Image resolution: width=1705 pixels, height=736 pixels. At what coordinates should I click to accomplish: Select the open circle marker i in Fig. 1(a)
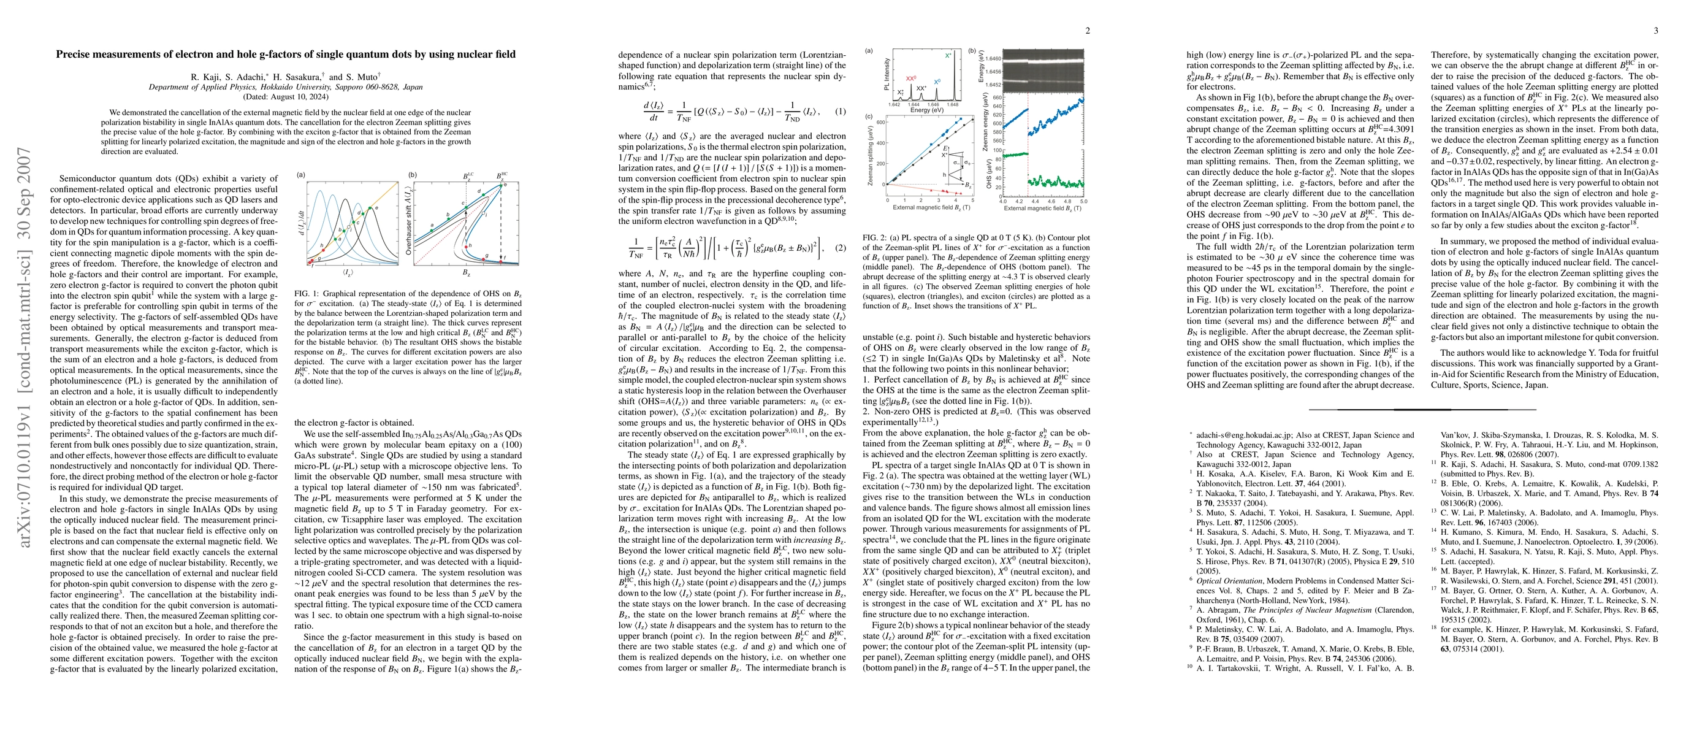(349, 227)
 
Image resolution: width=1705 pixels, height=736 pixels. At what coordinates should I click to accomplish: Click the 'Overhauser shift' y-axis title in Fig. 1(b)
(409, 223)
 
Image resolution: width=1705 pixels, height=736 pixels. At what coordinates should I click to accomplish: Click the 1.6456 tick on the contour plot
(993, 72)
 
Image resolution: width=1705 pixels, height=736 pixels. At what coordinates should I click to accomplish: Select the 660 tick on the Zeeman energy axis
(993, 98)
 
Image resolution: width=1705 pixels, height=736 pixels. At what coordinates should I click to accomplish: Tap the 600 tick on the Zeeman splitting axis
(880, 123)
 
